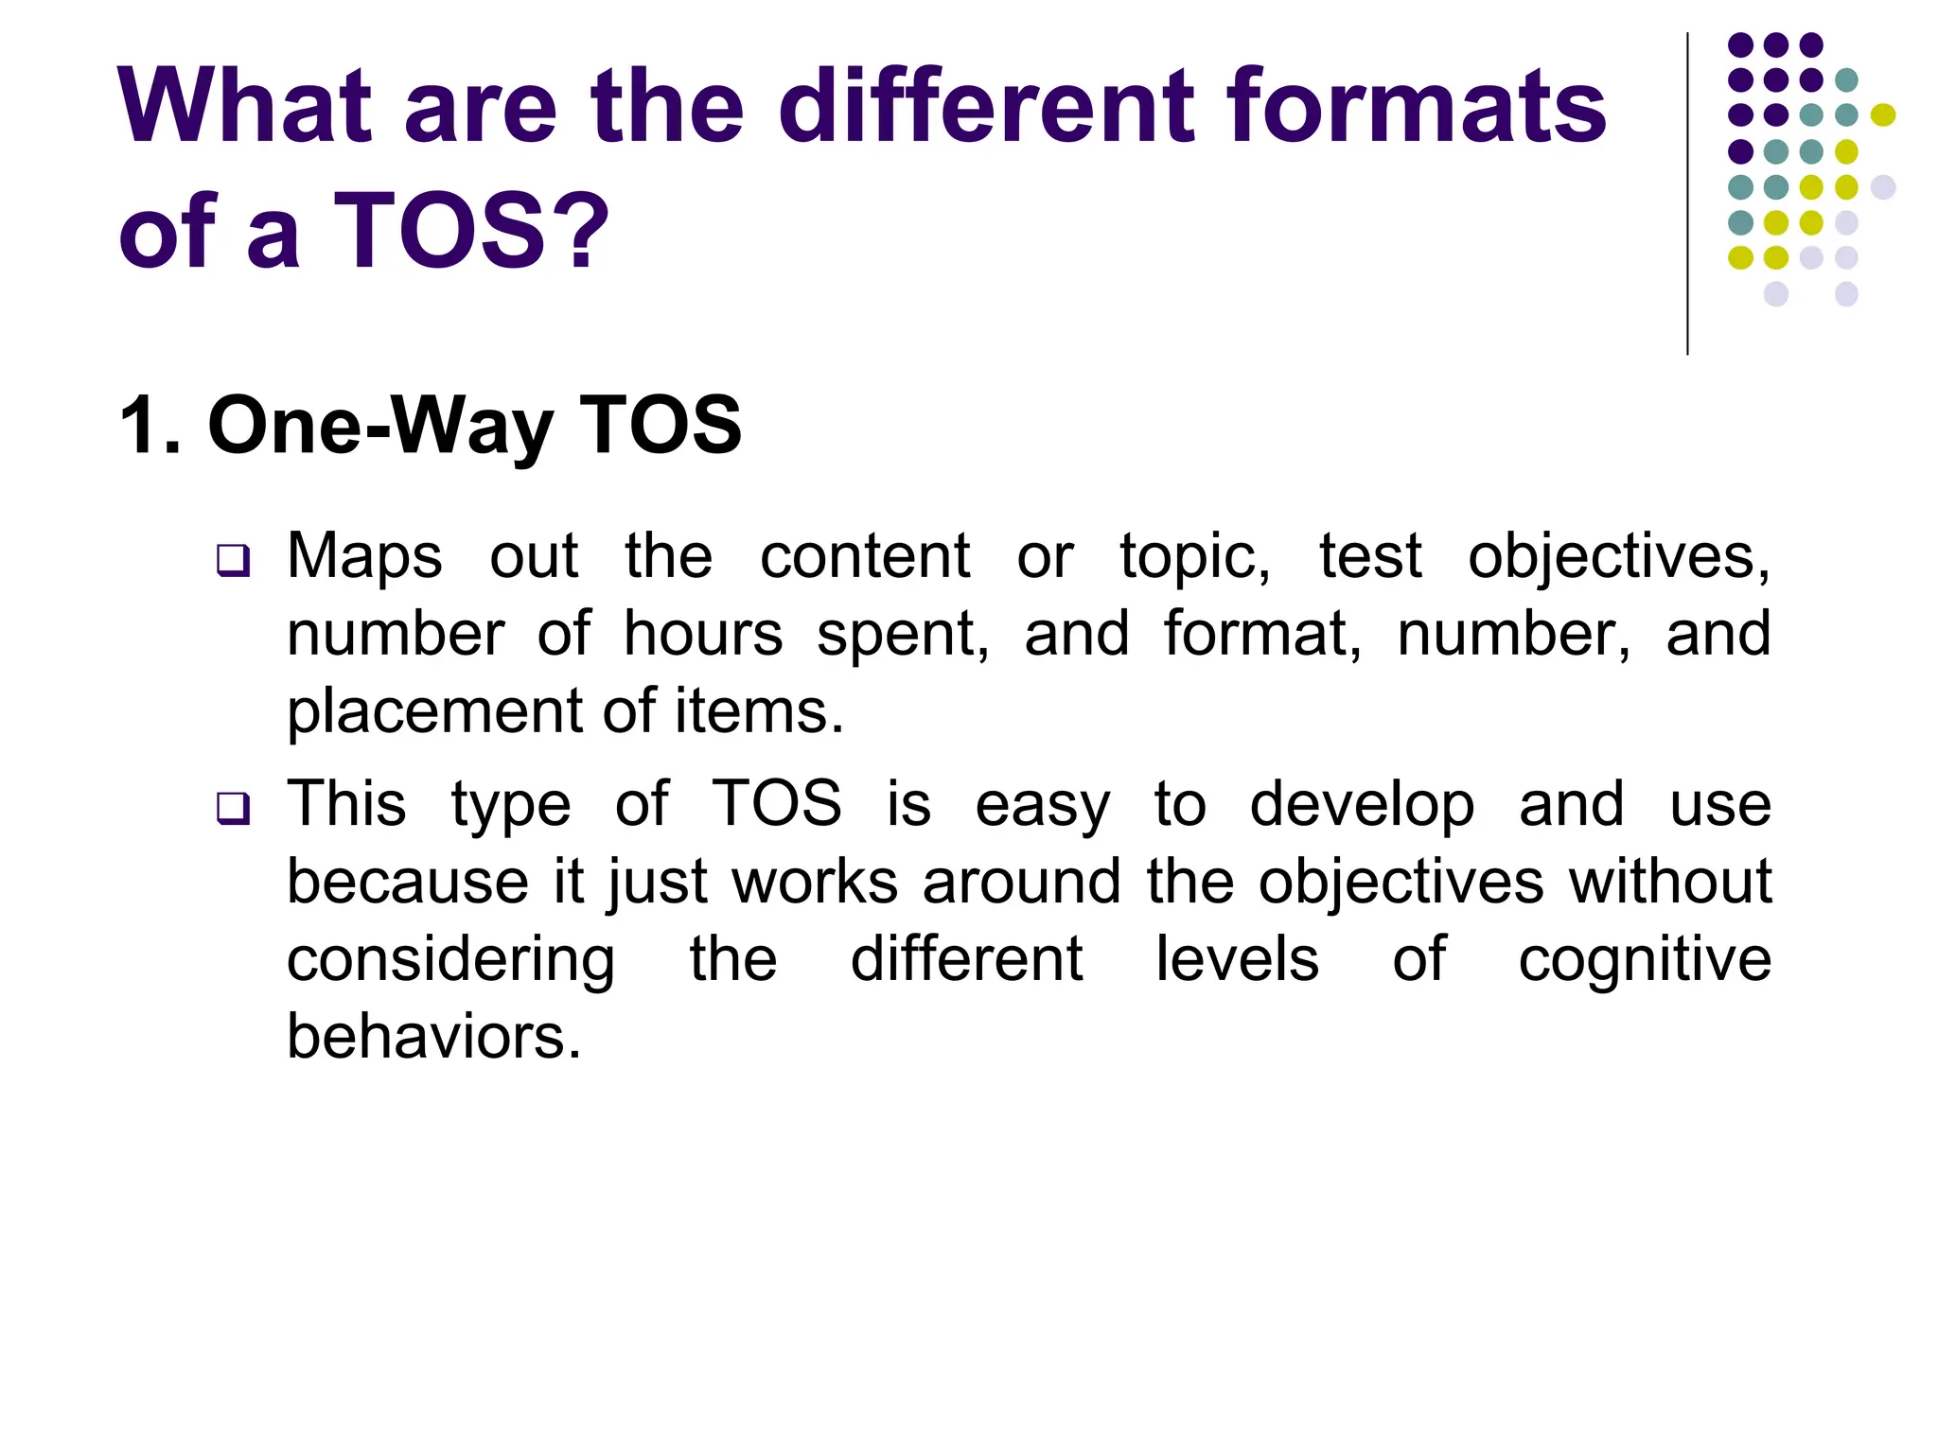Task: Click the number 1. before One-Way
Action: point(150,426)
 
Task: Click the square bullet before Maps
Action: point(233,560)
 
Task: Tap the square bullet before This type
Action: point(233,809)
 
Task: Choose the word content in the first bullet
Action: point(865,556)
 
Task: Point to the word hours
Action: point(703,634)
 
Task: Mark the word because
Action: point(408,883)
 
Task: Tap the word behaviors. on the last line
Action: point(433,1038)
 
